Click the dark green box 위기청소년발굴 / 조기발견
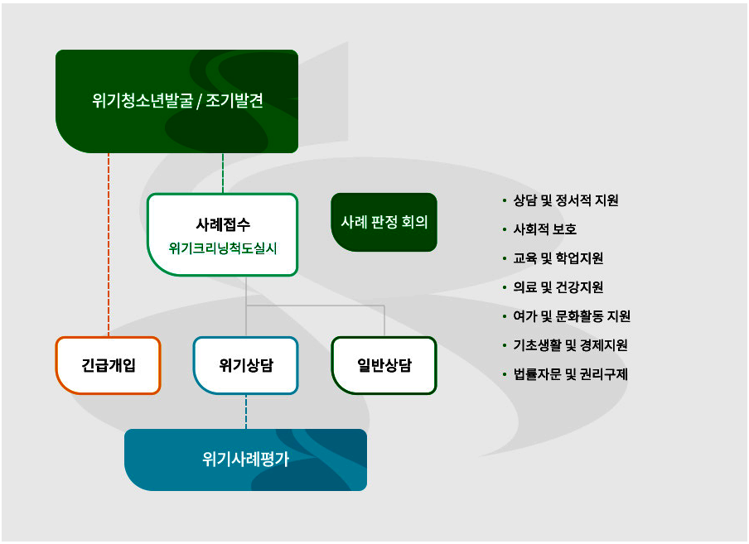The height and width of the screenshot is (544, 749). click(x=176, y=101)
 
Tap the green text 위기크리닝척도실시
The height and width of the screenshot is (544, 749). click(x=222, y=248)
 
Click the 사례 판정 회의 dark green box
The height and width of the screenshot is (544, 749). click(x=384, y=222)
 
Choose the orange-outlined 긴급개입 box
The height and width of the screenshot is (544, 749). click(x=108, y=365)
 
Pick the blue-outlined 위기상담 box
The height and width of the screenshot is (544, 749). click(x=246, y=365)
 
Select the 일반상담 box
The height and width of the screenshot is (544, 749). click(x=384, y=365)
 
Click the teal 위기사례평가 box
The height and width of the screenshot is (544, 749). click(x=245, y=460)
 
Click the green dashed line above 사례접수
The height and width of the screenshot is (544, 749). click(x=223, y=173)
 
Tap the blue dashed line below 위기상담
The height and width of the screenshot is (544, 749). click(x=246, y=412)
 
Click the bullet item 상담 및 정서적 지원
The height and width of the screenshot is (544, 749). click(x=565, y=200)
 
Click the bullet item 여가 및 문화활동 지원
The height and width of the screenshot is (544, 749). click(x=572, y=316)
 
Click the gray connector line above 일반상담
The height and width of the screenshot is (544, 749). click(x=384, y=321)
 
